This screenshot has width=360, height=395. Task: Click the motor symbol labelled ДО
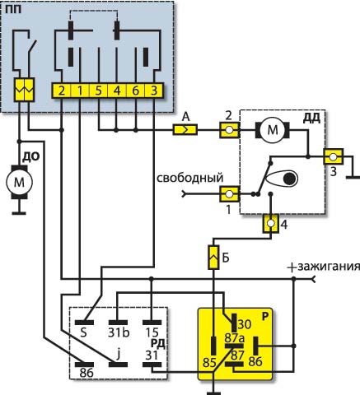[x=19, y=182]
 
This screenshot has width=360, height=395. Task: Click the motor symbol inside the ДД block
[x=273, y=130]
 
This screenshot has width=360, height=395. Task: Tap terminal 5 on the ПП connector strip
[x=99, y=91]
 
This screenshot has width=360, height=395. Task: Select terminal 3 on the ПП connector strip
[x=154, y=91]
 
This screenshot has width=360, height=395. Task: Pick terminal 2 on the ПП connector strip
[x=62, y=91]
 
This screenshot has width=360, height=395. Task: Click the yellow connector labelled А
[x=185, y=130]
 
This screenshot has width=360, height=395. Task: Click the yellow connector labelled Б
[x=213, y=258]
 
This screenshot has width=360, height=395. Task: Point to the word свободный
[x=190, y=178]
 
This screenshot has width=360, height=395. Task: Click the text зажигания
[x=329, y=266]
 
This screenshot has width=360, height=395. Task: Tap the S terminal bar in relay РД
[x=85, y=323]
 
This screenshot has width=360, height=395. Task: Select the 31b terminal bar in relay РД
[x=119, y=323]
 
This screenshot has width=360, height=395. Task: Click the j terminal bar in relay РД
[x=119, y=365]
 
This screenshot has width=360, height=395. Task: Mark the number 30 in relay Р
[x=245, y=324]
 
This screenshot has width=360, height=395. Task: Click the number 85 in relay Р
[x=209, y=363]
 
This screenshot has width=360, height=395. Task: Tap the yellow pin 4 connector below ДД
[x=271, y=224]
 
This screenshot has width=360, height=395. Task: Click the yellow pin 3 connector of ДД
[x=334, y=157]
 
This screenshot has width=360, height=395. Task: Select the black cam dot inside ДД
[x=290, y=179]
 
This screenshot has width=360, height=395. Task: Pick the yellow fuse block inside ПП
[x=25, y=90]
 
